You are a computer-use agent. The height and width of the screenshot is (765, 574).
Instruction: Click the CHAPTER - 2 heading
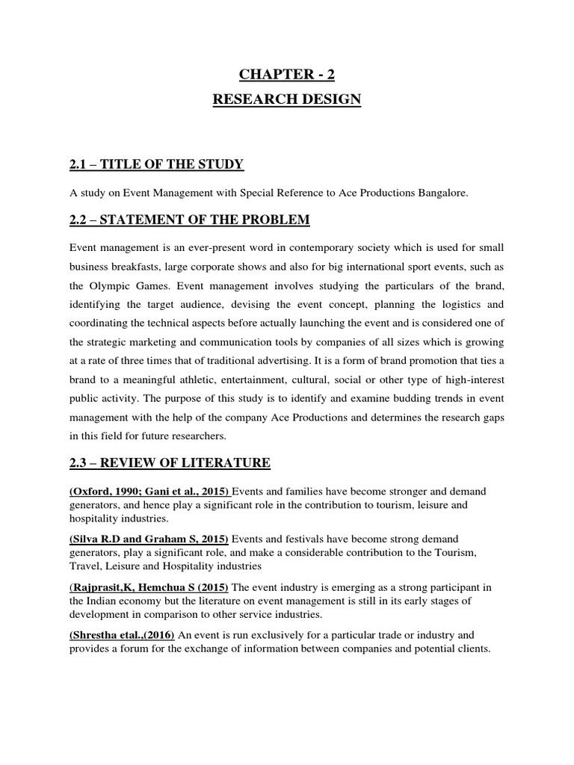288,73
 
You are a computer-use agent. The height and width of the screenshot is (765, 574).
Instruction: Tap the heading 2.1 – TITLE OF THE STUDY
156,164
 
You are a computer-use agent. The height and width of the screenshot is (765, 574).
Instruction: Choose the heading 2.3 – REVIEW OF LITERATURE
169,463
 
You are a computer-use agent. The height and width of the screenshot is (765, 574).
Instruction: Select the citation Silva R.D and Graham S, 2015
150,539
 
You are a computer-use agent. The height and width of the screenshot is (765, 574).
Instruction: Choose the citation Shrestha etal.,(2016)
122,634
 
